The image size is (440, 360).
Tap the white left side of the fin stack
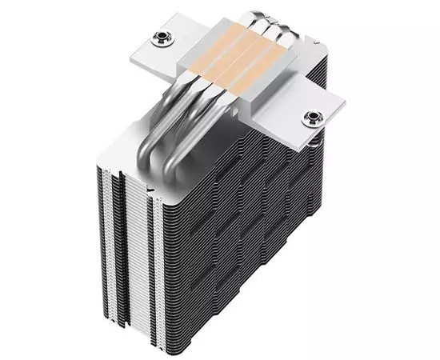[x=120, y=240]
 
